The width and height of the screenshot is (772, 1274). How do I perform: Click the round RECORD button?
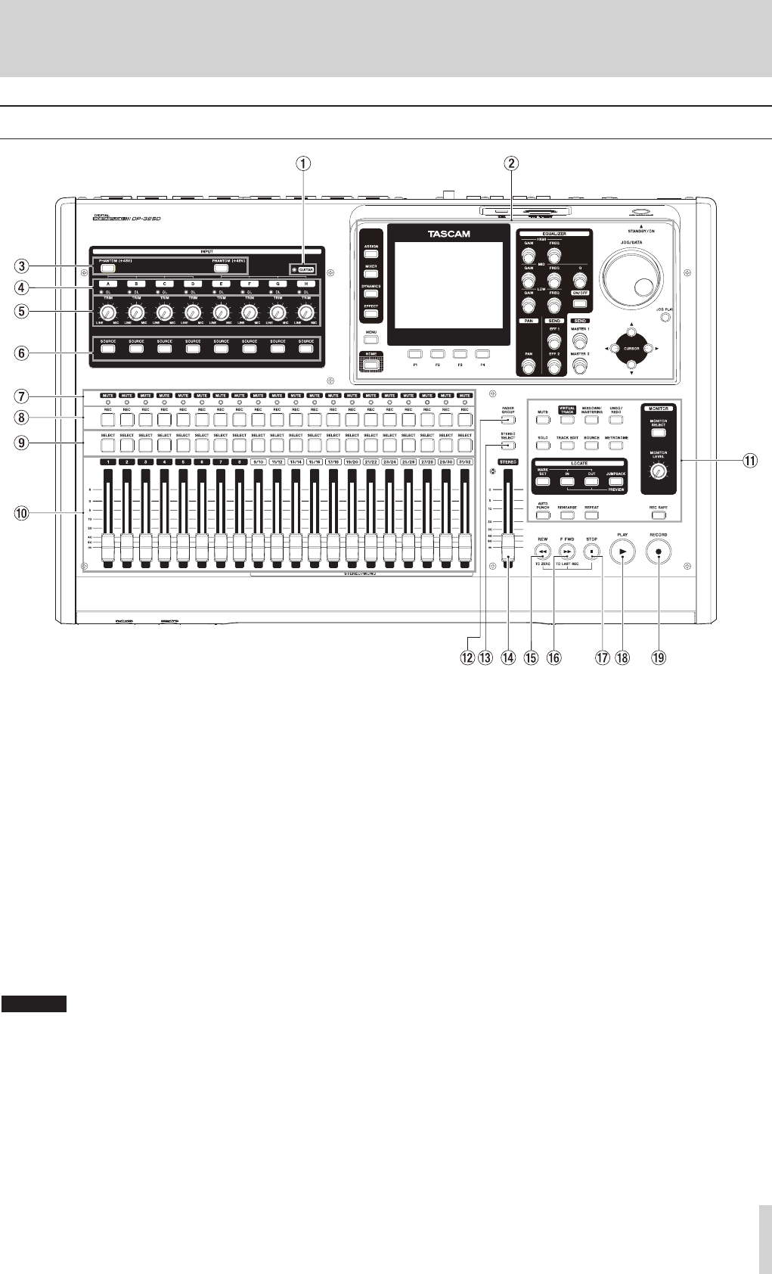[659, 554]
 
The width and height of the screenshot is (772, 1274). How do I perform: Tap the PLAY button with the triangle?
[622, 554]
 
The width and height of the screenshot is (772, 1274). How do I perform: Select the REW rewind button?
[541, 552]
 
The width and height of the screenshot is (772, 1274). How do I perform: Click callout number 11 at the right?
[760, 460]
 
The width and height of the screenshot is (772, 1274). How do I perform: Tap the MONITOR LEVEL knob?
[660, 472]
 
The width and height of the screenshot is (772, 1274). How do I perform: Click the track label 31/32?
[464, 461]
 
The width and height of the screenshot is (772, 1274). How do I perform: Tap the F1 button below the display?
[415, 353]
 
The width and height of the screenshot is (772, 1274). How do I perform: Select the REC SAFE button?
[659, 515]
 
